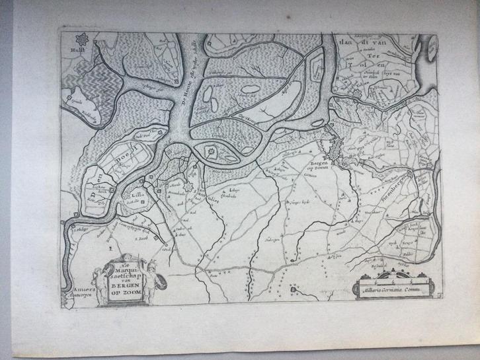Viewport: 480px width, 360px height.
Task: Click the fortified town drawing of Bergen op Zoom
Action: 337,153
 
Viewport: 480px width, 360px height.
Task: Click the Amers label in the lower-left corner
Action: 73,289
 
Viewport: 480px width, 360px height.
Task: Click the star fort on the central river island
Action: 212,153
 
